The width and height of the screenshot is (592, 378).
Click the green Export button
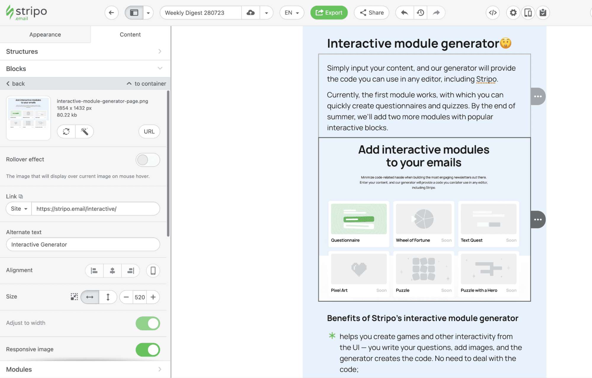(329, 13)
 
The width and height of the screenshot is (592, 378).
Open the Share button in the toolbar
(371, 13)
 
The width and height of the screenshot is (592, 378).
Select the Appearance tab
(45, 35)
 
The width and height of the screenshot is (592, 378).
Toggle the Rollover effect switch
(147, 160)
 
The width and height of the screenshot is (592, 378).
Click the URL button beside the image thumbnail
(149, 132)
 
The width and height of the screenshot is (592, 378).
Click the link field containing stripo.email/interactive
(95, 209)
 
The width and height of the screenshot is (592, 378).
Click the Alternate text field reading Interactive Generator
(83, 245)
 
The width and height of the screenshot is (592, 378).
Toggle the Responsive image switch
(147, 350)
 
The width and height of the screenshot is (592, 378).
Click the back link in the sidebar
(15, 84)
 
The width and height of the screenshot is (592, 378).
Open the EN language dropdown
(292, 13)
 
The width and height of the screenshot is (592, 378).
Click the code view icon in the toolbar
(492, 13)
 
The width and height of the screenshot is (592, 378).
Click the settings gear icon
(513, 13)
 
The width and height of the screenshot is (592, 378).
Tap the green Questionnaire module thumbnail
(359, 219)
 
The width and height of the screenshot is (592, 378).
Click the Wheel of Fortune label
(413, 240)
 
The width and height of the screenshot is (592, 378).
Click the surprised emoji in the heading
(506, 43)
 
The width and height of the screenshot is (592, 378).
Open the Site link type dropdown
(19, 209)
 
